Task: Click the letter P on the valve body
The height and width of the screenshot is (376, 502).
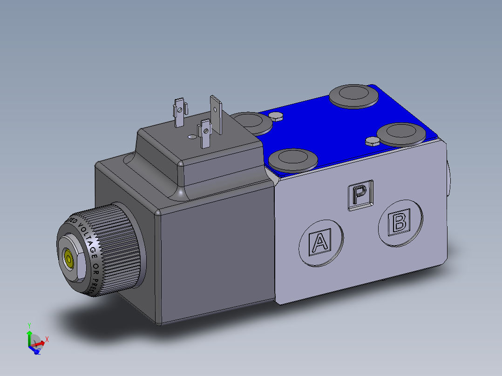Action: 360,195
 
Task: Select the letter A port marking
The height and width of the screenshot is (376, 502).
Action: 320,242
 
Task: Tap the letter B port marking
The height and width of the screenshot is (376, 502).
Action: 400,222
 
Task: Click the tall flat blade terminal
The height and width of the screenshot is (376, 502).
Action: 217,114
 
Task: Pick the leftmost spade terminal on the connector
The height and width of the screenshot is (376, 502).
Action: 179,112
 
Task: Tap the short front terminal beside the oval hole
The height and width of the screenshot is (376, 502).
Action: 204,133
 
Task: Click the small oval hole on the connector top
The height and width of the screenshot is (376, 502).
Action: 191,137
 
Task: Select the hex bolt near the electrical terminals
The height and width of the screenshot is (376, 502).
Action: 276,116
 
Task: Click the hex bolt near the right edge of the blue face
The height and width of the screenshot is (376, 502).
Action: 373,141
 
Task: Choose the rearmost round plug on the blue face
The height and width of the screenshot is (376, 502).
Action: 353,95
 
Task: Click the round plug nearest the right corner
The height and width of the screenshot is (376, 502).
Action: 401,134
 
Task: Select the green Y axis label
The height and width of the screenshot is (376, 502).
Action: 29,325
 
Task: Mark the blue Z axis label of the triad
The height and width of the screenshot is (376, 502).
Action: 39,352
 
